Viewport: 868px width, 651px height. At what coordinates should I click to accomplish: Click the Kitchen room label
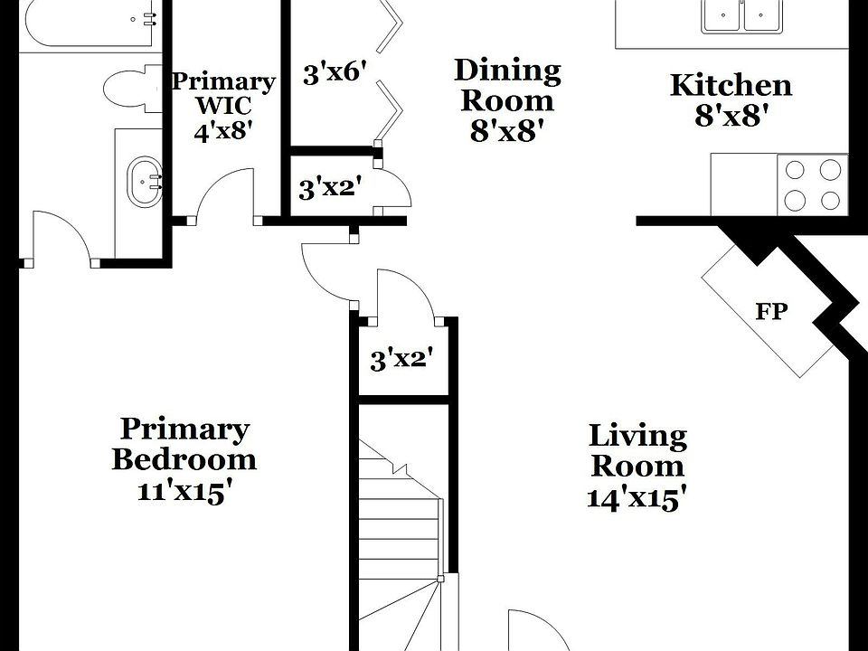731,86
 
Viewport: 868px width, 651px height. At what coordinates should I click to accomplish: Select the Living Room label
637,451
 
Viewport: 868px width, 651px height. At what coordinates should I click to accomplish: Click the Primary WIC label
222,92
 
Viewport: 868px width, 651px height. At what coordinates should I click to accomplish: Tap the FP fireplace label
771,312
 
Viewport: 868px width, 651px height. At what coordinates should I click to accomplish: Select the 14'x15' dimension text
637,498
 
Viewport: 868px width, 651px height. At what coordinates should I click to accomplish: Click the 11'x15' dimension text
184,493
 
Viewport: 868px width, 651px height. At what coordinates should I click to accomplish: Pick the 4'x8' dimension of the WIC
222,131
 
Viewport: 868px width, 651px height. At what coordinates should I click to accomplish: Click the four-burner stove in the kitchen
812,184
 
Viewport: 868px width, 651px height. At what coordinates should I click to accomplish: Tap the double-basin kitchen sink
741,15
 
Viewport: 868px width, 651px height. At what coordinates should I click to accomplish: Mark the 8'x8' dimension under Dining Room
507,132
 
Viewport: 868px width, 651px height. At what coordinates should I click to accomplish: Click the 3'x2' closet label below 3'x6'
331,188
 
